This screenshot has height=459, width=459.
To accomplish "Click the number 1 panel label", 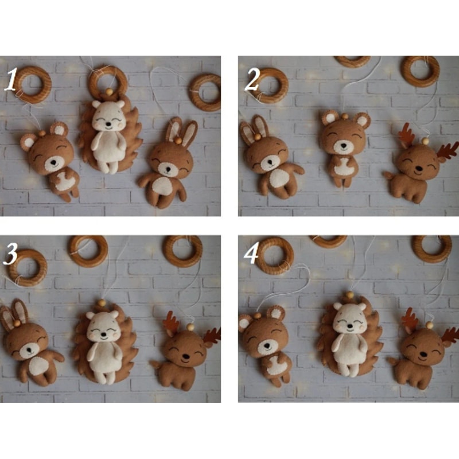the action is click(11, 79).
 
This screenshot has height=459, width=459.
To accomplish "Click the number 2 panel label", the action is click(252, 79).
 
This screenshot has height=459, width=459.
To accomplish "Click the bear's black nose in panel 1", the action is click(53, 162).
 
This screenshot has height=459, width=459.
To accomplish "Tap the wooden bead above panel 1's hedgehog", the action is click(109, 92).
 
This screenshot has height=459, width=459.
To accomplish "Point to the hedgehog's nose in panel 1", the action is click(108, 125).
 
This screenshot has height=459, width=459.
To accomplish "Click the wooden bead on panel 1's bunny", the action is click(178, 141).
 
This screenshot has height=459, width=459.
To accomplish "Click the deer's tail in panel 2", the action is click(388, 175).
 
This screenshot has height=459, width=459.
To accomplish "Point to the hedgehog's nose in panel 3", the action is click(103, 333).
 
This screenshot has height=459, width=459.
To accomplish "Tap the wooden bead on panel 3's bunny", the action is click(17, 323).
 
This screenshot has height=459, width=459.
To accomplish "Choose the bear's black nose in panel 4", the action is click(267, 346).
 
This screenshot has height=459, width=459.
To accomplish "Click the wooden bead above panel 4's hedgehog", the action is click(348, 294).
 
